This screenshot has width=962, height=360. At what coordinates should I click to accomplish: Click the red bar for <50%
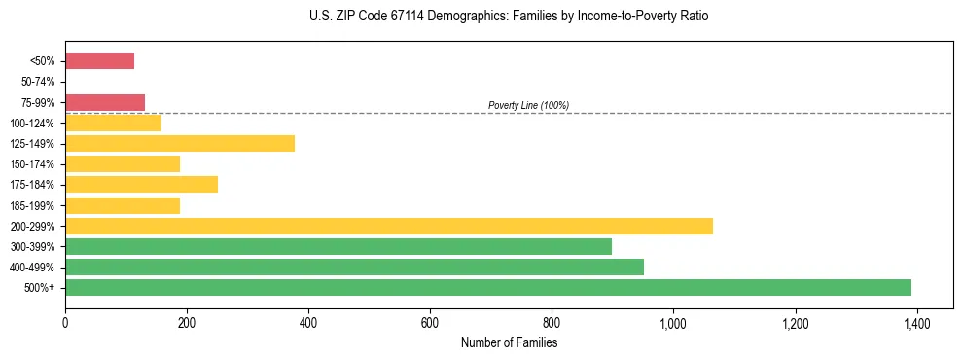(99, 61)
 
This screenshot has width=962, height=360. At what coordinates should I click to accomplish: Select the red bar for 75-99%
(105, 102)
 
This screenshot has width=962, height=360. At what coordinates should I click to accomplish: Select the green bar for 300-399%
(338, 246)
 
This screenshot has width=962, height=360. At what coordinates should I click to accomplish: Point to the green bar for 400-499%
(354, 267)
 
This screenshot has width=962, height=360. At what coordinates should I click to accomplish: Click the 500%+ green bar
(488, 287)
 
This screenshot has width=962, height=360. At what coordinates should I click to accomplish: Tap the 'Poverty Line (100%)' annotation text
(528, 105)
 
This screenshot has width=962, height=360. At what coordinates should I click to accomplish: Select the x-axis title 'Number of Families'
(509, 342)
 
